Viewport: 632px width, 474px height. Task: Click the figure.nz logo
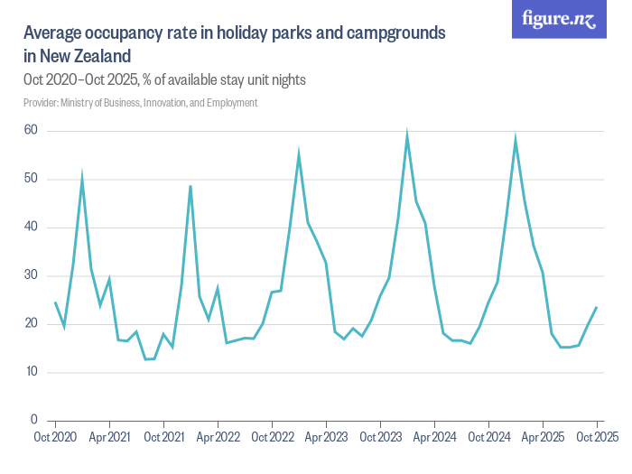(559, 19)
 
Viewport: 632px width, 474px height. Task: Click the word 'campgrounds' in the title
(395, 33)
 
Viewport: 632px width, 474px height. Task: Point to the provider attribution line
(140, 103)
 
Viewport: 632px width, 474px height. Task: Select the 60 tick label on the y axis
(31, 130)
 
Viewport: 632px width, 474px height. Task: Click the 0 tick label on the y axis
(34, 420)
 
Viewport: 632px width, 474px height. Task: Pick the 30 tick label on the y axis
(31, 274)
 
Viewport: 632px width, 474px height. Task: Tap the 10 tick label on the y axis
(32, 371)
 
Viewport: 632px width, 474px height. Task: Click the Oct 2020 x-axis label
(55, 437)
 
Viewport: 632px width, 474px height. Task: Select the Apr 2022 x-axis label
(218, 437)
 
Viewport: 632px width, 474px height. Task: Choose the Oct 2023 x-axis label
(380, 437)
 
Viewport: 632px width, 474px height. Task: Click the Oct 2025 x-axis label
(598, 437)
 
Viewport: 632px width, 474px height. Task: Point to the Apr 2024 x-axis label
(434, 437)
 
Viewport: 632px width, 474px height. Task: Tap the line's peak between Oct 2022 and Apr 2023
(299, 152)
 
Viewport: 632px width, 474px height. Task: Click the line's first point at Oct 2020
(55, 302)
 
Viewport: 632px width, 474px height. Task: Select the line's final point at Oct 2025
(597, 307)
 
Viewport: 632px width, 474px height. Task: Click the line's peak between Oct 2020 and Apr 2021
(82, 174)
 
